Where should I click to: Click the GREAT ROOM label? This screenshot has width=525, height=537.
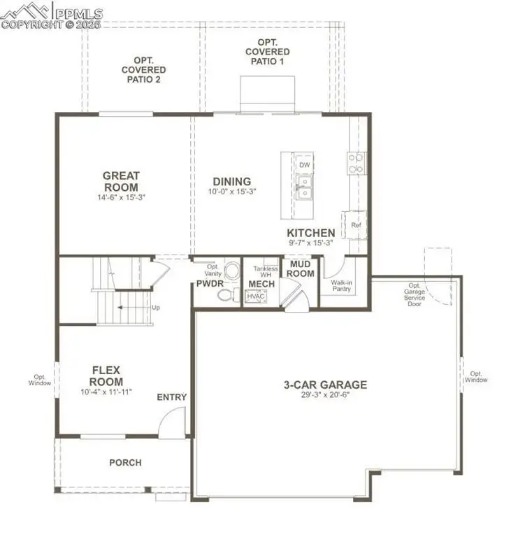[x=122, y=182]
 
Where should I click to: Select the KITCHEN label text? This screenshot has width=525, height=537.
[x=310, y=233]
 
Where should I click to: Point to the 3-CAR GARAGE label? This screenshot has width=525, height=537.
[x=325, y=384]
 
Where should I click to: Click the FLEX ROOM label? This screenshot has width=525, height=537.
[x=107, y=376]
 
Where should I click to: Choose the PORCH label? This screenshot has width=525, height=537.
[x=125, y=462]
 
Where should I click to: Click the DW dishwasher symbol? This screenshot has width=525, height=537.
[x=304, y=165]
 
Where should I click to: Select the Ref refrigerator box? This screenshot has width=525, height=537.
[x=356, y=224]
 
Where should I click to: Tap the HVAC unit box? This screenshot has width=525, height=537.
[x=255, y=297]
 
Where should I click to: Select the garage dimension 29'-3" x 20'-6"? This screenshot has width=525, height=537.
[x=325, y=395]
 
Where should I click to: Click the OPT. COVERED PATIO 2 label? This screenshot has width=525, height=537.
[x=143, y=70]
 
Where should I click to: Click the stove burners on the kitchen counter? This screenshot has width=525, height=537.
[x=355, y=163]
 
